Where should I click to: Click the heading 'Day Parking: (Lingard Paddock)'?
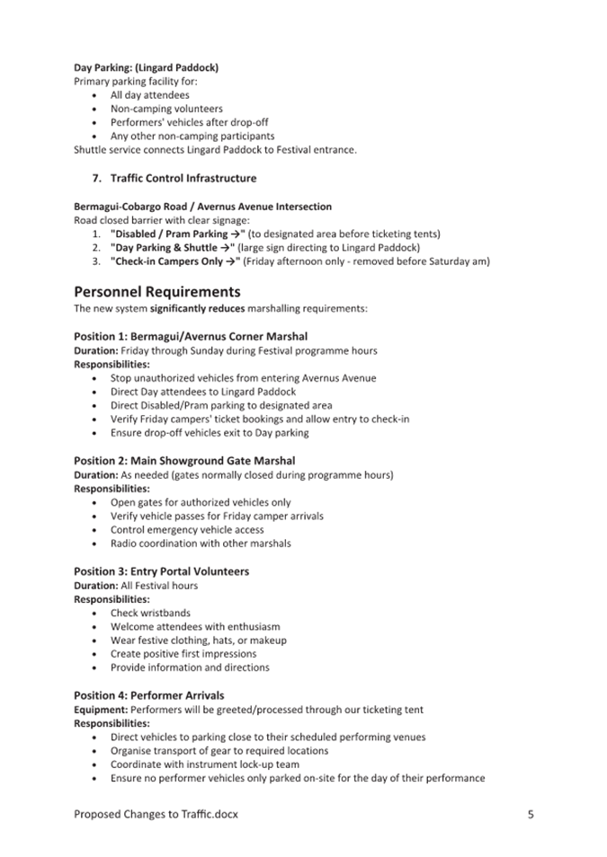pos(146,67)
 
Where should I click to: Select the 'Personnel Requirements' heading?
pos(156,292)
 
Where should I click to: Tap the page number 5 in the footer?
pos(531,815)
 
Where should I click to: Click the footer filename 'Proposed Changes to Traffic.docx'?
pos(156,815)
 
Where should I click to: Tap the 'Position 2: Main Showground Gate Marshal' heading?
pos(184,461)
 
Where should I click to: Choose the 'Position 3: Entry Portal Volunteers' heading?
pos(161,571)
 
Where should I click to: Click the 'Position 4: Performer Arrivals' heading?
pos(148,695)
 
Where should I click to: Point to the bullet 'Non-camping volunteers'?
pos(166,109)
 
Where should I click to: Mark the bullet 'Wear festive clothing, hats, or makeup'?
pos(199,641)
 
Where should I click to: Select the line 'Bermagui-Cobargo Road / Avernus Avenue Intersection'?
pos(202,207)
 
